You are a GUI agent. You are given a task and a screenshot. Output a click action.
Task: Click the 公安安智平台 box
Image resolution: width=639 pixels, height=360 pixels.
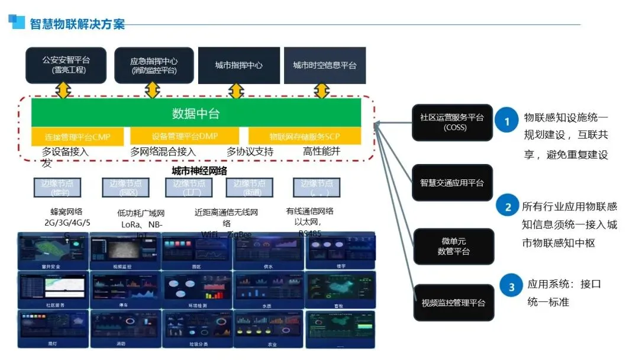click(66, 65)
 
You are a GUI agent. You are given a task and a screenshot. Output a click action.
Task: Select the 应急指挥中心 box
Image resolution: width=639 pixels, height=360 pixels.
click(153, 65)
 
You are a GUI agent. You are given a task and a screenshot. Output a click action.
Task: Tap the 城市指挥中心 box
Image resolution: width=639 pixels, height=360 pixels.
click(238, 65)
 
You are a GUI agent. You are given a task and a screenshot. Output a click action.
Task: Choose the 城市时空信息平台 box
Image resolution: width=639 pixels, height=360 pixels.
click(325, 65)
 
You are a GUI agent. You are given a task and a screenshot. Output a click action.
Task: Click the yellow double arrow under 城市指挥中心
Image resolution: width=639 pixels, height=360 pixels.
click(236, 91)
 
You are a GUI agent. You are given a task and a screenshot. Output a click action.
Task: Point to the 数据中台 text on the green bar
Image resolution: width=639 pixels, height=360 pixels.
click(196, 113)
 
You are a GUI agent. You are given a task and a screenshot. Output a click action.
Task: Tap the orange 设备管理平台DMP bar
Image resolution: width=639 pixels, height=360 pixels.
click(185, 136)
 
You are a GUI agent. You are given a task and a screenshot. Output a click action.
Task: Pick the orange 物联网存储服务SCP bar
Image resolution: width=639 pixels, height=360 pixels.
click(304, 136)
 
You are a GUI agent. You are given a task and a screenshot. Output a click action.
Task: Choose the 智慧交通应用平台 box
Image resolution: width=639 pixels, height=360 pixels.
click(451, 183)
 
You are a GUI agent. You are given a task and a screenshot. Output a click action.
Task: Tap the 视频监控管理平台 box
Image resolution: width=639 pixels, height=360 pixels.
click(453, 303)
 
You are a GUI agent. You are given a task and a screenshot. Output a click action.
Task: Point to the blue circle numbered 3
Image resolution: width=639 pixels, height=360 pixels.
click(512, 288)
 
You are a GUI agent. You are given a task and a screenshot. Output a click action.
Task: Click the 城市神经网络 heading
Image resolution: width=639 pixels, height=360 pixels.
click(199, 171)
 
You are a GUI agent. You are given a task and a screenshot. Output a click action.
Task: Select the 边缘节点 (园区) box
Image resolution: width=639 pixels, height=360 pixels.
click(125, 187)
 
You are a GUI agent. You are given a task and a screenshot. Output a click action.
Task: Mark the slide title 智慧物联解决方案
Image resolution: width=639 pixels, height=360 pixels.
click(78, 24)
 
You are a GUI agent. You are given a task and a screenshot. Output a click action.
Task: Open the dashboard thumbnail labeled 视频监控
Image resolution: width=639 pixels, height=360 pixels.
click(125, 250)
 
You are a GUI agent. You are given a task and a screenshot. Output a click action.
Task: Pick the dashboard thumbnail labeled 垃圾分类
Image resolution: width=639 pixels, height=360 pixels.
click(197, 328)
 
